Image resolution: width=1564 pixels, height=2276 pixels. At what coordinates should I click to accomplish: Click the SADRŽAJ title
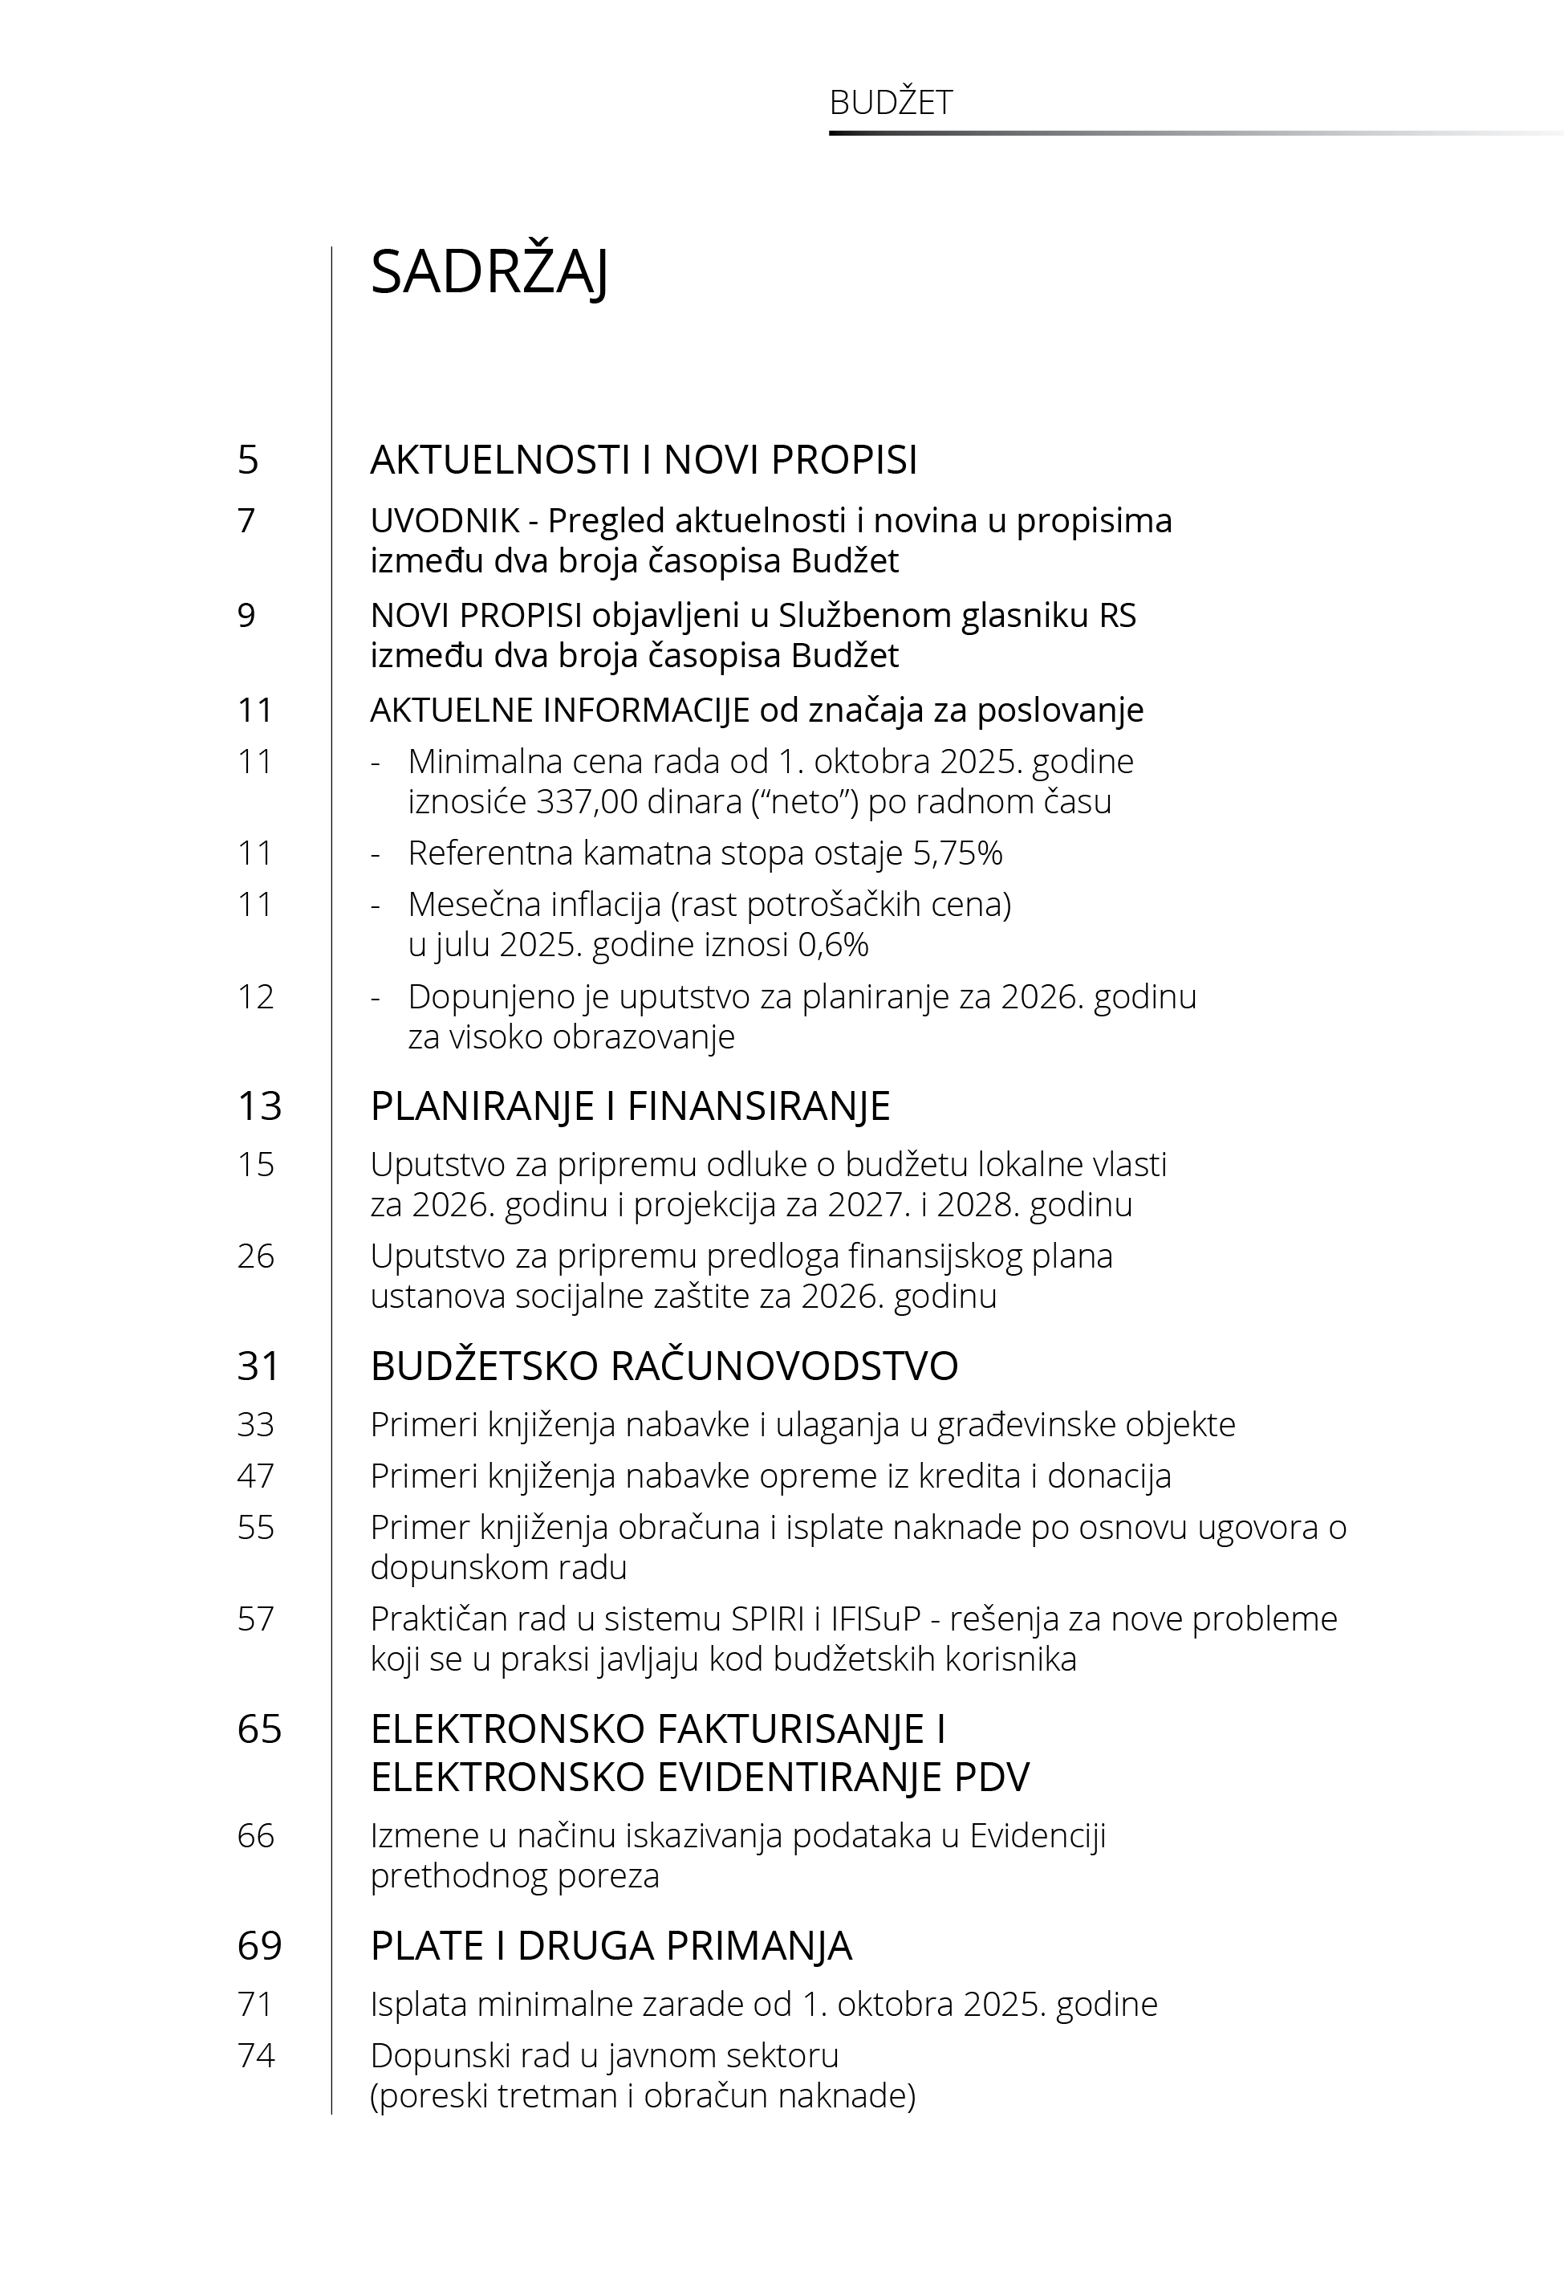click(x=489, y=272)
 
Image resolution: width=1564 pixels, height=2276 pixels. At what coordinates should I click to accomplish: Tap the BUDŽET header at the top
click(x=890, y=103)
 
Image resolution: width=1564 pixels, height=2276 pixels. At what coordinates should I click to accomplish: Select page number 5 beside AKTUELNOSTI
click(x=248, y=460)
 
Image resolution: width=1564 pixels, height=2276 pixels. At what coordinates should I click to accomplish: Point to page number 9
click(x=246, y=616)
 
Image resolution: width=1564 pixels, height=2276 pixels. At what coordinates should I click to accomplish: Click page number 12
click(x=255, y=997)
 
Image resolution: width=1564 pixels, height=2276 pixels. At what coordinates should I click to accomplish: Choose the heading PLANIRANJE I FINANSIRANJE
click(x=630, y=1105)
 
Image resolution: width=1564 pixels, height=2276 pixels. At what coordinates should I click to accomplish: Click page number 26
click(x=256, y=1256)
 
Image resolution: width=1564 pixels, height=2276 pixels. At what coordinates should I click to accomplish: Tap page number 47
click(x=256, y=1476)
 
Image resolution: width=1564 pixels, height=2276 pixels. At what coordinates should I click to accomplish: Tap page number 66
click(x=256, y=1835)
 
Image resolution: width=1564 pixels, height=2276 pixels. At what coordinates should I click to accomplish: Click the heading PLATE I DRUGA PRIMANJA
click(x=611, y=1946)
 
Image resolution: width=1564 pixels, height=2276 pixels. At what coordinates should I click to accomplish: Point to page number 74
click(x=256, y=2054)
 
